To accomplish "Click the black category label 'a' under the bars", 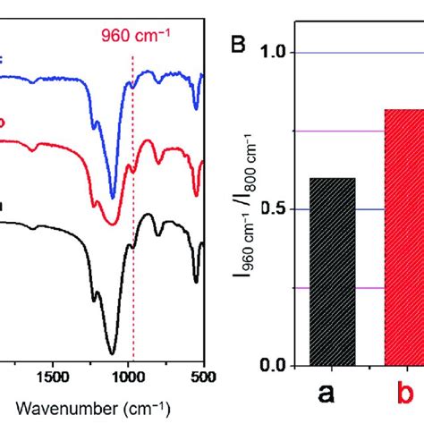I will tap(332, 394).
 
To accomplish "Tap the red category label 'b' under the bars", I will tap(404, 394).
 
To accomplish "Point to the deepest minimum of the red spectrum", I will tap(111, 224).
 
